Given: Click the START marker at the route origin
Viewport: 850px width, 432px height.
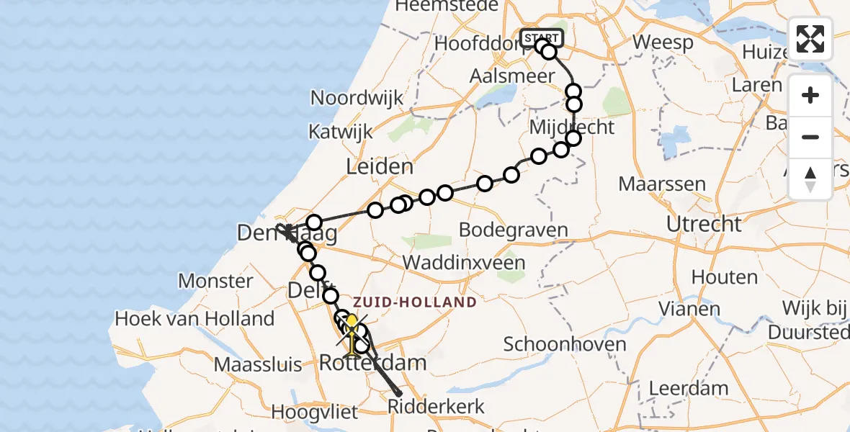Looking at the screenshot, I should point(540,37).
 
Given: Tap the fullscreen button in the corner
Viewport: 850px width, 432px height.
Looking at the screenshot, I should point(810,39).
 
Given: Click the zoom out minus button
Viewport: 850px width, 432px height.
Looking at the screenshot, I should point(810,137).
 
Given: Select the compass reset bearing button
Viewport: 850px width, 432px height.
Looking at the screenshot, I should point(810,179).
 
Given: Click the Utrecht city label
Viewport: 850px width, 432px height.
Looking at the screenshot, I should point(704,224).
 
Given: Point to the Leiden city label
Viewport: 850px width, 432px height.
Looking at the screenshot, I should point(380,167).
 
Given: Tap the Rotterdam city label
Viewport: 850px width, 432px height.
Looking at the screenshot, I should point(372,363).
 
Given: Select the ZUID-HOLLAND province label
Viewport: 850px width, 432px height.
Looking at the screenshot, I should point(414,302).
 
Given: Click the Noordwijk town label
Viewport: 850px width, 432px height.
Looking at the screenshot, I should point(357,98).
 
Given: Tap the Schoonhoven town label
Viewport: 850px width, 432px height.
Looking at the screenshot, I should point(565,344).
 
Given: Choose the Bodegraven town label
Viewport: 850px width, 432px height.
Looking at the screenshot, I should point(513,230).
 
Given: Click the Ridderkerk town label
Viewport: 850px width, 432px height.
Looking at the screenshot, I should point(436,405).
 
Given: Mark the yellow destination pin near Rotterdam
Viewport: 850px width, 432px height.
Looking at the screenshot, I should point(352,323).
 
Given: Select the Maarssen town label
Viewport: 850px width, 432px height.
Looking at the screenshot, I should point(662,184).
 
